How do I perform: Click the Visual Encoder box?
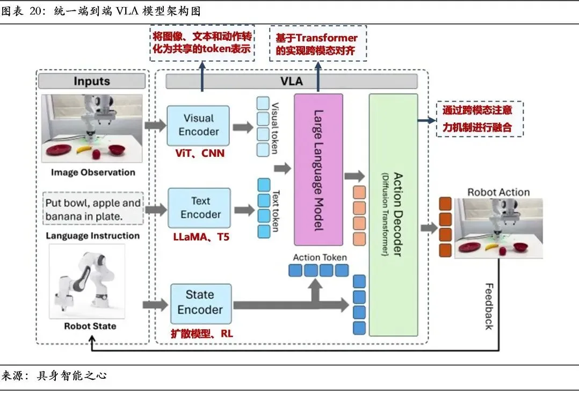tap(198, 125)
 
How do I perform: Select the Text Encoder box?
tap(200, 207)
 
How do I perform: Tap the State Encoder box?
tap(200, 302)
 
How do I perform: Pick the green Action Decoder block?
tap(393, 215)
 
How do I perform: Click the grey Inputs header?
tap(92, 82)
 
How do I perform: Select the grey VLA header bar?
tap(292, 82)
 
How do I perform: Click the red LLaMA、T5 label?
tap(201, 236)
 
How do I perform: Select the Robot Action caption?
tap(498, 192)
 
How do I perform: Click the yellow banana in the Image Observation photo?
tap(84, 152)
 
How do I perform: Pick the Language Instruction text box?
tap(92, 208)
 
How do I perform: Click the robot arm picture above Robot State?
tap(88, 282)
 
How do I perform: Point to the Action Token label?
tap(320, 257)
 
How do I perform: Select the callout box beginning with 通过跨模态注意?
tap(479, 119)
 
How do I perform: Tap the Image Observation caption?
tap(93, 172)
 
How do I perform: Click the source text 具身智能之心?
tap(73, 375)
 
